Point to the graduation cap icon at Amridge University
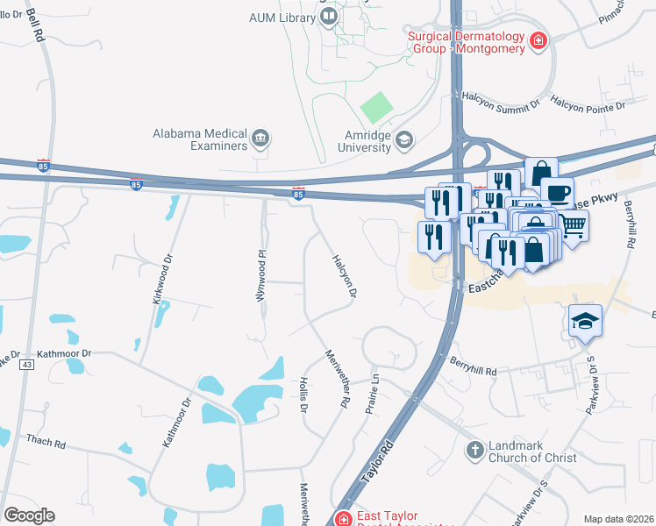point(403,139)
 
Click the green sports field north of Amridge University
point(377,108)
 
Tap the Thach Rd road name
point(46,441)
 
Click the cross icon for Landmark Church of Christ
point(474,450)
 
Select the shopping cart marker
point(573,226)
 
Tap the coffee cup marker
point(557,192)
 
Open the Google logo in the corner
point(29,515)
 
